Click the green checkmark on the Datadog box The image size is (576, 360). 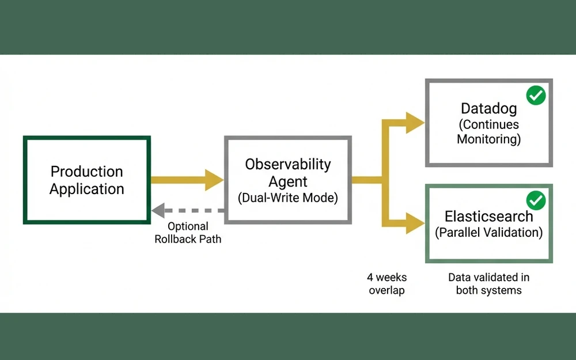tap(536, 95)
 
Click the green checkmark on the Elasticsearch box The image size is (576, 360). tap(536, 200)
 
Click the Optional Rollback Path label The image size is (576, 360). tap(188, 233)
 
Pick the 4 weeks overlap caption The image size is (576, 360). tap(387, 283)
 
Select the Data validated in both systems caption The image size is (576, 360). tap(488, 283)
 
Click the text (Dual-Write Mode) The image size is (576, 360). tap(288, 198)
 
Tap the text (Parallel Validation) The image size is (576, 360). tap(488, 233)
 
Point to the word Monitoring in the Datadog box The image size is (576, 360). tap(488, 139)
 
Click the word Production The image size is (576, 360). tap(86, 172)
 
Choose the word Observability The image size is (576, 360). tap(288, 164)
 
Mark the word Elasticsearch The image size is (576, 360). tap(488, 217)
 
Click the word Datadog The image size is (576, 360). tap(488, 108)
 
